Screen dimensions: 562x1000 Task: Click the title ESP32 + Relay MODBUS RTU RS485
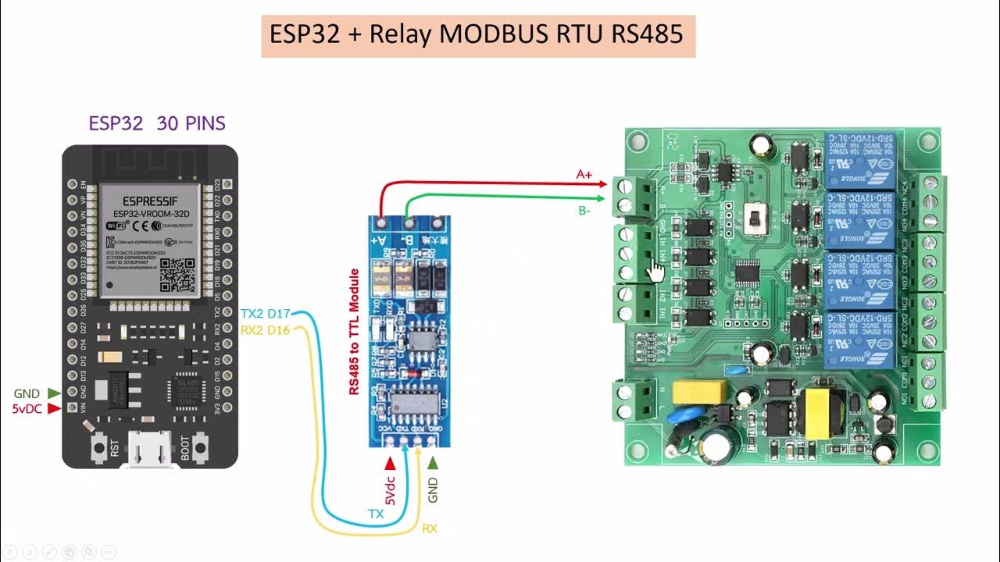pyautogui.click(x=477, y=35)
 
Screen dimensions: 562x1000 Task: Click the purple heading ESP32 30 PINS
pyautogui.click(x=156, y=123)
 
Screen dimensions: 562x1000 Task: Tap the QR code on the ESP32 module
pyautogui.click(x=177, y=273)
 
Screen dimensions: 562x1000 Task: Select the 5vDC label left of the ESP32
pyautogui.click(x=27, y=408)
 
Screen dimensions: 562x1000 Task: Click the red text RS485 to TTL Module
pyautogui.click(x=354, y=332)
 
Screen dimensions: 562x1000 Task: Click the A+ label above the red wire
pyautogui.click(x=584, y=175)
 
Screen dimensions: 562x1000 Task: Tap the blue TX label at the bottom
pyautogui.click(x=376, y=514)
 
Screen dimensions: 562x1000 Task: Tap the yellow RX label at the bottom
pyautogui.click(x=430, y=528)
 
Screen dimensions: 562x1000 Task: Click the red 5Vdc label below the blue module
pyautogui.click(x=390, y=488)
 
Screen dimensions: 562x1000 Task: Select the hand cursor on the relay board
pyautogui.click(x=655, y=271)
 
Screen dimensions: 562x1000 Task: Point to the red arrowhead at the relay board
pyautogui.click(x=602, y=184)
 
